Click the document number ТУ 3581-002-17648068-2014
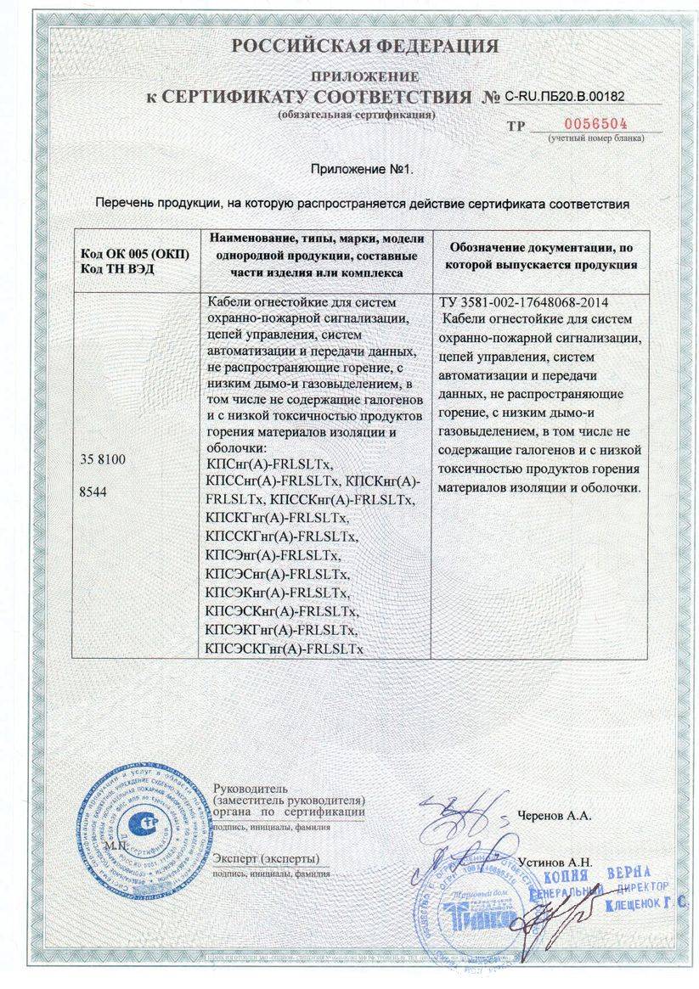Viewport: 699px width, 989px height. pyautogui.click(x=523, y=303)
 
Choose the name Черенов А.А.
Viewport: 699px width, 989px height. pyautogui.click(x=555, y=816)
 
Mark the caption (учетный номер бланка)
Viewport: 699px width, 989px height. pyautogui.click(x=595, y=138)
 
